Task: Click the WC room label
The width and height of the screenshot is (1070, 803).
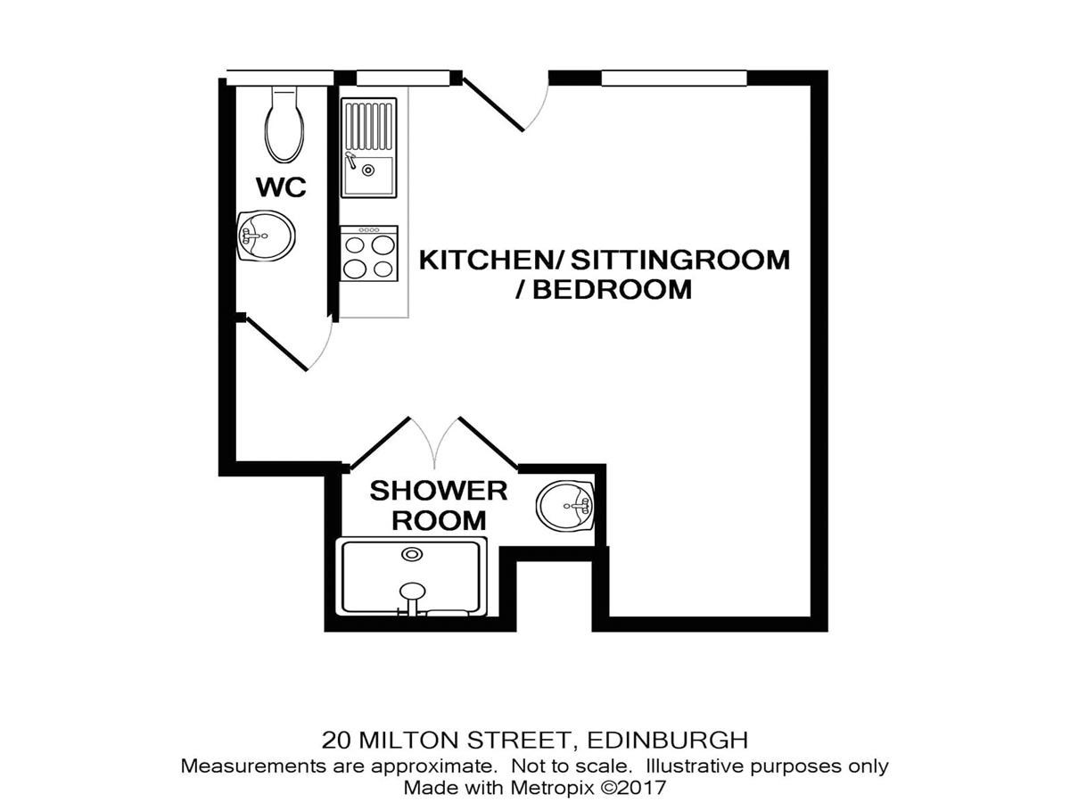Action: [281, 187]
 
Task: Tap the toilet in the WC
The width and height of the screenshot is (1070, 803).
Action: [284, 125]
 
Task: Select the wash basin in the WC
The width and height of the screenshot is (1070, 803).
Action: [266, 236]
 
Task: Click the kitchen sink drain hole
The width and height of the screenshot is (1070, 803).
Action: [368, 170]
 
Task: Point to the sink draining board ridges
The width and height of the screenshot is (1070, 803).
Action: [368, 126]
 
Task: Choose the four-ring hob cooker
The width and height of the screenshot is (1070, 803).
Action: [369, 253]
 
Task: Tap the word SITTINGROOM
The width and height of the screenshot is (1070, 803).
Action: [680, 260]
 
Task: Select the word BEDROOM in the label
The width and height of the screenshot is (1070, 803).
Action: [613, 290]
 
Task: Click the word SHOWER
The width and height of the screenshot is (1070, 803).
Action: [439, 491]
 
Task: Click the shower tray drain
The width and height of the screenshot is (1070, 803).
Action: [412, 554]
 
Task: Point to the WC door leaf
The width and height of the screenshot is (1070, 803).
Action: [276, 344]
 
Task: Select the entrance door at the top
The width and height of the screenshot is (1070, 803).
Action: [493, 104]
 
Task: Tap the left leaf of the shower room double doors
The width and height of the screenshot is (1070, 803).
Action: [379, 444]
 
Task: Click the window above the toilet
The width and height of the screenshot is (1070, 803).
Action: [280, 78]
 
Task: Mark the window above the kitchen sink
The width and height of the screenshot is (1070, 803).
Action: [403, 78]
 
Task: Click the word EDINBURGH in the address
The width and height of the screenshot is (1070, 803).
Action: [667, 741]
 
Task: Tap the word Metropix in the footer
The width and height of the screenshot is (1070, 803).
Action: [553, 788]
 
